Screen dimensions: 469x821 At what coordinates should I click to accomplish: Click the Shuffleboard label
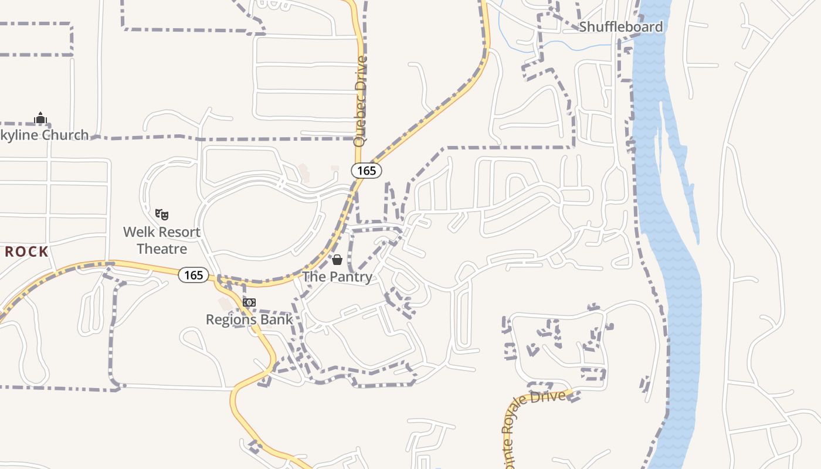click(x=620, y=27)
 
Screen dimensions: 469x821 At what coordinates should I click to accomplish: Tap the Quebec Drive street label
click(x=360, y=101)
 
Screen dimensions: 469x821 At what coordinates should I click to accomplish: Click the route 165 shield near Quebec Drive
click(x=367, y=171)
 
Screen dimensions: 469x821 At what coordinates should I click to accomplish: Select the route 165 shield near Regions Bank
click(x=194, y=275)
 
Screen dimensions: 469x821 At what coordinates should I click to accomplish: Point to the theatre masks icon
click(x=162, y=215)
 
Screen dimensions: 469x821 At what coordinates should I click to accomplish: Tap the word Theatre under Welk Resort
click(x=162, y=249)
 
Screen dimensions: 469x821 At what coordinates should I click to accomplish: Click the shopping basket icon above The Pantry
click(x=337, y=259)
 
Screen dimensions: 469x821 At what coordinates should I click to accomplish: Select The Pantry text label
click(x=337, y=277)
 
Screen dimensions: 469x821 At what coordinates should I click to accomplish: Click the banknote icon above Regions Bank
click(x=249, y=303)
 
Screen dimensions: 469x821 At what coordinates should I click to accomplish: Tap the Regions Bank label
click(x=249, y=320)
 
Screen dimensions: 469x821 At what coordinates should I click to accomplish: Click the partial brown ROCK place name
click(x=27, y=252)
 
